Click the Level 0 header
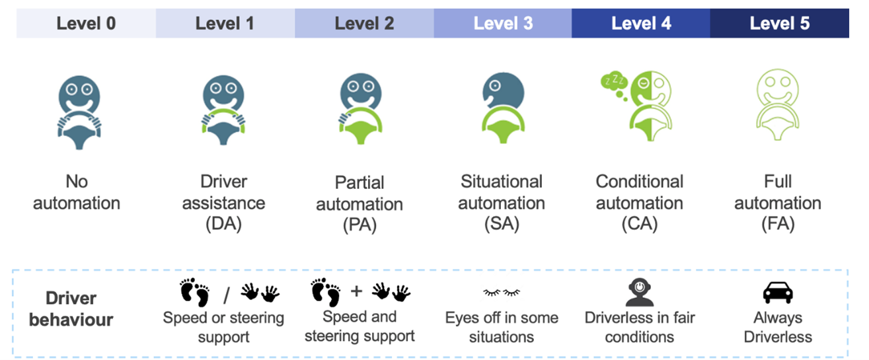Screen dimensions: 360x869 pyautogui.click(x=86, y=24)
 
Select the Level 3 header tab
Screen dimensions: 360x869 pyautogui.click(x=502, y=24)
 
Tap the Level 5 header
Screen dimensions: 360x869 pyautogui.click(x=779, y=24)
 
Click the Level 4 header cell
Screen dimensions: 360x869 pyautogui.click(x=640, y=24)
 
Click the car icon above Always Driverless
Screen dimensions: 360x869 pyautogui.click(x=777, y=292)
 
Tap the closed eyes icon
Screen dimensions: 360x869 pyautogui.click(x=501, y=291)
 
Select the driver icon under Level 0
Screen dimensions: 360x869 pyautogui.click(x=77, y=112)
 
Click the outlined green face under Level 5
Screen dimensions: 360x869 pyautogui.click(x=778, y=112)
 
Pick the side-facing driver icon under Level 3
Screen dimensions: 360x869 pyautogui.click(x=502, y=112)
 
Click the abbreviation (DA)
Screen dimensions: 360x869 pyautogui.click(x=223, y=224)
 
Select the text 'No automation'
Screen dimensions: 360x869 pyautogui.click(x=77, y=192)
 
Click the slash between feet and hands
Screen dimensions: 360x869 pyautogui.click(x=225, y=292)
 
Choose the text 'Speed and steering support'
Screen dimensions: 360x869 pyautogui.click(x=359, y=326)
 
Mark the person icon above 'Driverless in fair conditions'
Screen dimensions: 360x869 pyautogui.click(x=639, y=291)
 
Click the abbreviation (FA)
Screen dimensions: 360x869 pyautogui.click(x=777, y=224)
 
